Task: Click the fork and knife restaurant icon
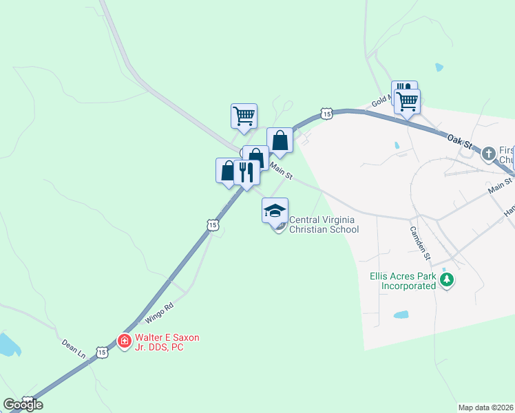[246, 171]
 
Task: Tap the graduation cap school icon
[275, 211]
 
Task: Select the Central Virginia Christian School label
[324, 225]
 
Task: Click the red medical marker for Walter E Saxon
[124, 341]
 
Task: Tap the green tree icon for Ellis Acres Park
[448, 279]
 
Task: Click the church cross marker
[488, 153]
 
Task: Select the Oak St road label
[460, 141]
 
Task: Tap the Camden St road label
[419, 243]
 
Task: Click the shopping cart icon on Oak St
[408, 101]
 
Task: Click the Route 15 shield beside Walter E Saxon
[102, 352]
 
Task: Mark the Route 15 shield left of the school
[212, 225]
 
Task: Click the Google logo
[23, 404]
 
